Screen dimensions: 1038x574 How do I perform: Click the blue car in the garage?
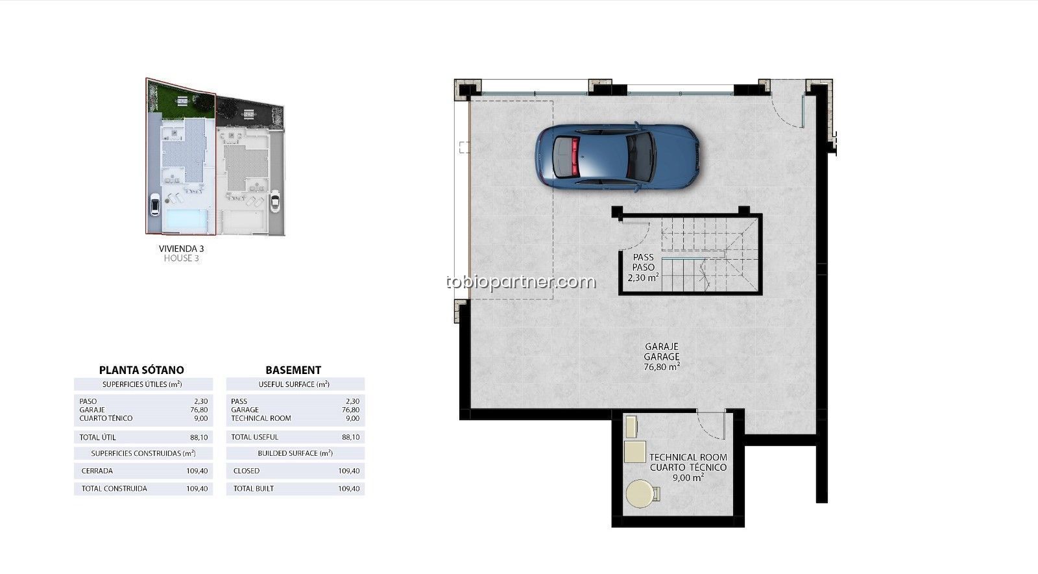point(617,156)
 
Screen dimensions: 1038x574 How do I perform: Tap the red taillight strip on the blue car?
point(575,156)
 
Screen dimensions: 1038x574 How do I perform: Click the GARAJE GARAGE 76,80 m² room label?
point(662,356)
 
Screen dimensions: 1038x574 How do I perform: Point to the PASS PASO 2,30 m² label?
point(643,268)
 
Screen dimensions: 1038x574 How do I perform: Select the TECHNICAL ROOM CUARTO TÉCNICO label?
point(688,462)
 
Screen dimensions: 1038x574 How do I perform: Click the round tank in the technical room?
point(640,493)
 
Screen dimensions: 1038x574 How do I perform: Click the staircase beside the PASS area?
point(709,255)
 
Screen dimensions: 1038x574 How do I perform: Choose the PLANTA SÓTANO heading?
point(141,370)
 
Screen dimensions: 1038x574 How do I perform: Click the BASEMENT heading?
point(293,370)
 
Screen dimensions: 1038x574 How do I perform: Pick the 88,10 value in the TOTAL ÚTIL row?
point(199,437)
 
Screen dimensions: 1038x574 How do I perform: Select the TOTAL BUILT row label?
point(254,488)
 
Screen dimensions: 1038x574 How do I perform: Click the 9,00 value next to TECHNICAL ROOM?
point(353,418)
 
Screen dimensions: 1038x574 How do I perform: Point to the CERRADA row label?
point(97,471)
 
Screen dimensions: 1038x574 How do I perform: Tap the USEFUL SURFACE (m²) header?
point(294,384)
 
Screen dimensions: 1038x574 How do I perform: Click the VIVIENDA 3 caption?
point(181,249)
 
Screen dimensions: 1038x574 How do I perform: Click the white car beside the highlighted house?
point(155,204)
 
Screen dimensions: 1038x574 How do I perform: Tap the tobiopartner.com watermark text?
point(521,282)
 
